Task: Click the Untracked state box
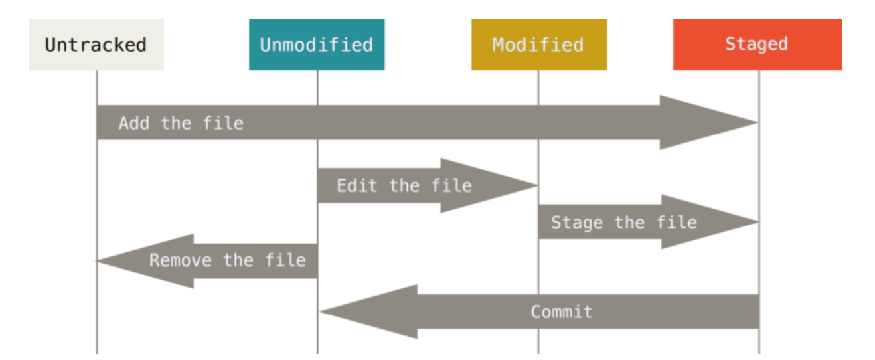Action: (x=96, y=44)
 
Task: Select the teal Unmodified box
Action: (x=317, y=44)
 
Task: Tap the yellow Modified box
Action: (x=539, y=44)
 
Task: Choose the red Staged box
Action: (x=757, y=44)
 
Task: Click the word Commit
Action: (x=562, y=312)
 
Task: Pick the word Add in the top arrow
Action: (x=134, y=123)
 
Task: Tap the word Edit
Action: (x=357, y=185)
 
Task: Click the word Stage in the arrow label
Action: (x=577, y=223)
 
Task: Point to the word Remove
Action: (x=181, y=260)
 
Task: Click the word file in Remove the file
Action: (x=285, y=260)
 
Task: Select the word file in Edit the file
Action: (x=451, y=185)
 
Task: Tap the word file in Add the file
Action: (x=223, y=123)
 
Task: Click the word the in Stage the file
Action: (x=629, y=223)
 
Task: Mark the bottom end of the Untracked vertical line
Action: (x=97, y=353)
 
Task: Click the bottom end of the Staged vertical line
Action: (x=759, y=353)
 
